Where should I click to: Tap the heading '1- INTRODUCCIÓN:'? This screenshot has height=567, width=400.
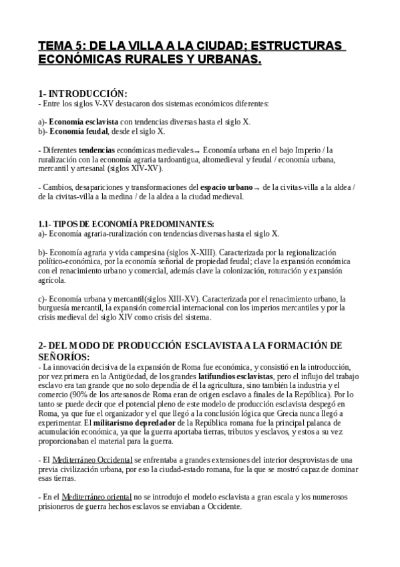point(82,94)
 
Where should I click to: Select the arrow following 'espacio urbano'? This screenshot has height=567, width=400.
point(257,189)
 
